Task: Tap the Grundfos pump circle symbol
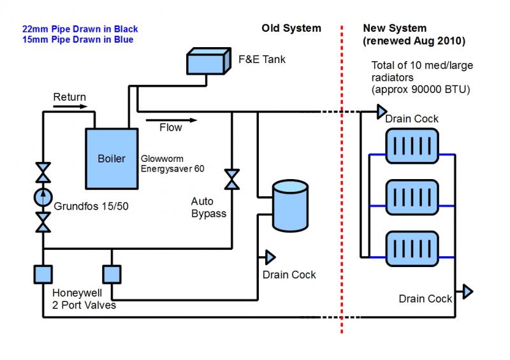pos(43,196)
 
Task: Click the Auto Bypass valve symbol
pos(231,179)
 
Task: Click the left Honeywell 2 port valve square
pos(43,274)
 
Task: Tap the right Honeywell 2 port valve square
pos(112,274)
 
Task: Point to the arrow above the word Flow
pos(171,119)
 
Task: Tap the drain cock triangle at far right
pos(468,292)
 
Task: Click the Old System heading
pos(291,28)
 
